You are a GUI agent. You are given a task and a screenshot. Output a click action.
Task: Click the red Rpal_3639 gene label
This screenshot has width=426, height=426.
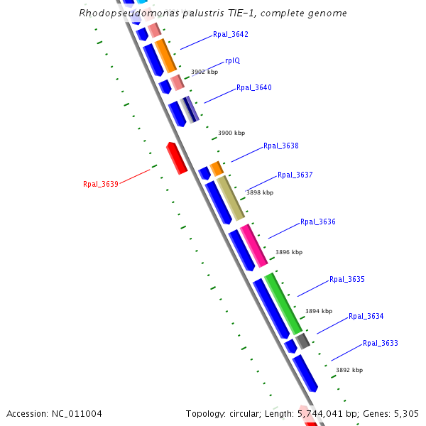[100, 184]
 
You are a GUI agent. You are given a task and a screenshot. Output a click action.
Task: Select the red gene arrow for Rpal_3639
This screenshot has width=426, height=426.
[177, 158]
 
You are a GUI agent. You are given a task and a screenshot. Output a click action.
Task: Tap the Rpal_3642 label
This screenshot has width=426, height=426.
[231, 34]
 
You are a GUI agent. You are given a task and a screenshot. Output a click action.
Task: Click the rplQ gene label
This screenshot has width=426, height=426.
[232, 61]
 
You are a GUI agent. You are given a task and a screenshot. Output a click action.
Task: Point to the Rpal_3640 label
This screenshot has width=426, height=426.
[254, 88]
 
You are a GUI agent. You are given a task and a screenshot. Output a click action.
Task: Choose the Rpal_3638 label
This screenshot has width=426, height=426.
[281, 146]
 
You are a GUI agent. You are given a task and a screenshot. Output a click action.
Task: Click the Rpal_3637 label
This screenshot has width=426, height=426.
[295, 175]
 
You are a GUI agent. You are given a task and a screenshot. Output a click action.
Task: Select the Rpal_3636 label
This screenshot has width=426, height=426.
[318, 222]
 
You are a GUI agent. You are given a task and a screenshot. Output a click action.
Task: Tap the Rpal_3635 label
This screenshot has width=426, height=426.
[347, 280]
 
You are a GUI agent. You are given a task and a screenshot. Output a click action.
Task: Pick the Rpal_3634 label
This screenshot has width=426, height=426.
[366, 317]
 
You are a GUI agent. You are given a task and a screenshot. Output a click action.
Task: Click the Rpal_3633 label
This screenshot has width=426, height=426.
[381, 344]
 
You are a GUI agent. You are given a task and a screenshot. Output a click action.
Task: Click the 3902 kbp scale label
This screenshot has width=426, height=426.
[204, 72]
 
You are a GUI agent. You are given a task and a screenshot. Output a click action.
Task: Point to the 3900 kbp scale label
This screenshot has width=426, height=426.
[231, 133]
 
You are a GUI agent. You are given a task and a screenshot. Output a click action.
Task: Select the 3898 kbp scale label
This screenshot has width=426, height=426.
[260, 192]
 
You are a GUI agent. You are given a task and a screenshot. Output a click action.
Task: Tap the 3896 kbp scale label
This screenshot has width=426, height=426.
[289, 252]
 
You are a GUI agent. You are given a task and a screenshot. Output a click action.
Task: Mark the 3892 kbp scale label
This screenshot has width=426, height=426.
[349, 370]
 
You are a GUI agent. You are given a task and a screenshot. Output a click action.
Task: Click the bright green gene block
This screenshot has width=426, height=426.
[283, 302]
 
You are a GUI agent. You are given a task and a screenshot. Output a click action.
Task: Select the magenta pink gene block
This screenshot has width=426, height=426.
[253, 245]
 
